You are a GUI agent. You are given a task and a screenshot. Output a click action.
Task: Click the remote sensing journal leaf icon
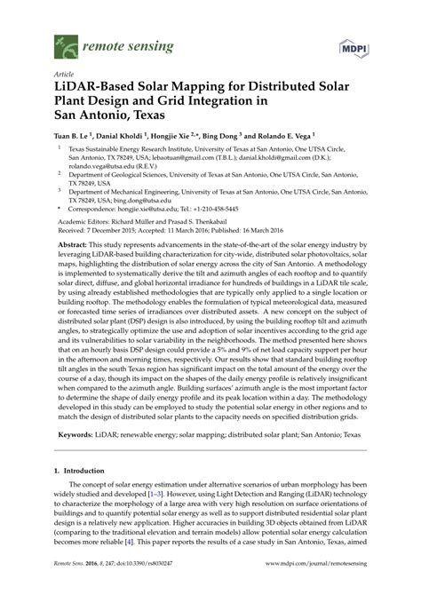[66, 42]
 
